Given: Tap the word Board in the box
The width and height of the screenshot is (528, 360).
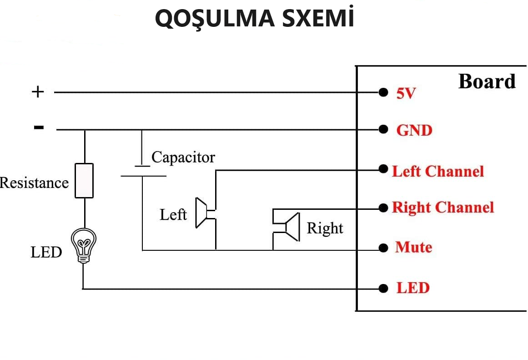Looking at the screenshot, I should (487, 81).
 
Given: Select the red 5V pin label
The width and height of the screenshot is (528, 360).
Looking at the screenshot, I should (406, 94).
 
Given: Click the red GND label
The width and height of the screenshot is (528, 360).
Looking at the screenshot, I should (414, 131).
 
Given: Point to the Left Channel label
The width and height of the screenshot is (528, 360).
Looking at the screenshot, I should (438, 172).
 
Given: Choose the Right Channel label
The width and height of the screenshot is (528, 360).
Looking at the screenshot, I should (443, 208).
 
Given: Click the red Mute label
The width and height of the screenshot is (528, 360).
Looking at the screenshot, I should (413, 248).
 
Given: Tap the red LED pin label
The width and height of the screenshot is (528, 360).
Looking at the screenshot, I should (412, 288).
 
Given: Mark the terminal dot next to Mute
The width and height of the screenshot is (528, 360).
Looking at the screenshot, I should (383, 248).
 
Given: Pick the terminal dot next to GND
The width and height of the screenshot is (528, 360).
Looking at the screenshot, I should (383, 130).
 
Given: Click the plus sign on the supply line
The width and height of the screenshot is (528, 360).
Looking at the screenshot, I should (38, 92).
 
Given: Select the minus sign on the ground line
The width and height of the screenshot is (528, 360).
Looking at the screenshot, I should (39, 127).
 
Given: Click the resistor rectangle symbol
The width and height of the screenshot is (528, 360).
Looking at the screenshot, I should (84, 181).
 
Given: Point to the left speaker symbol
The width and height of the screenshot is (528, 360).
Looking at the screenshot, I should (201, 213).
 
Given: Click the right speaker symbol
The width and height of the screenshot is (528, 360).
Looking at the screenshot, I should (291, 227).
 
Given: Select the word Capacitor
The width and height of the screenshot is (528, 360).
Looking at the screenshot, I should (183, 157).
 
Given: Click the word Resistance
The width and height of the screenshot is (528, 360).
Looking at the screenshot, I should (34, 183).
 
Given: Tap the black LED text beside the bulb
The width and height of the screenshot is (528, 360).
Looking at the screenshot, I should (46, 252).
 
